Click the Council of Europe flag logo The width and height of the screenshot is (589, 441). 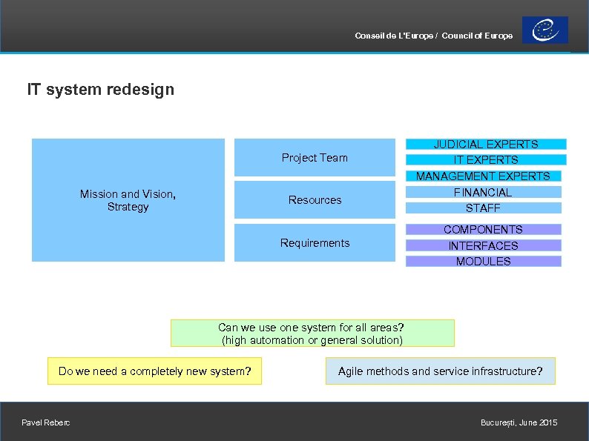(x=544, y=30)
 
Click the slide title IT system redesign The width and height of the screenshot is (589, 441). (x=101, y=90)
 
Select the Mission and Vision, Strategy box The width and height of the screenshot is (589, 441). (x=128, y=200)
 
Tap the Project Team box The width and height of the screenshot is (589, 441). (x=315, y=157)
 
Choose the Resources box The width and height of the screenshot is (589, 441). (x=315, y=200)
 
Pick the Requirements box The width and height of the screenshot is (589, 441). (x=315, y=243)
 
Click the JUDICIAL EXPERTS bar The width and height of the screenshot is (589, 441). (x=486, y=145)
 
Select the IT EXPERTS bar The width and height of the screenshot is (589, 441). (x=486, y=159)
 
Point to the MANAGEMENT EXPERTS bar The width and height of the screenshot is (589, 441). (x=483, y=176)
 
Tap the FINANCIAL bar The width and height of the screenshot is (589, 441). (x=483, y=192)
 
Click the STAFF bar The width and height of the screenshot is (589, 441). (x=483, y=208)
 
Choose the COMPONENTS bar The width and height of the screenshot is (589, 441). (x=483, y=230)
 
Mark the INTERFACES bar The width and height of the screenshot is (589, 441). (x=483, y=245)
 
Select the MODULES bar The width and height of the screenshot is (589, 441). (x=483, y=261)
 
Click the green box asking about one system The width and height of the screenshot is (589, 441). (x=312, y=334)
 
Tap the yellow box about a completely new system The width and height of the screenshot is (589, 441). (x=154, y=371)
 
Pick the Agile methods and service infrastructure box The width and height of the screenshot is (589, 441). (x=440, y=371)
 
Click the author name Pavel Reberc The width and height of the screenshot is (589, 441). (x=47, y=422)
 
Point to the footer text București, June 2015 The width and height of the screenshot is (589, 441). (x=519, y=422)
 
